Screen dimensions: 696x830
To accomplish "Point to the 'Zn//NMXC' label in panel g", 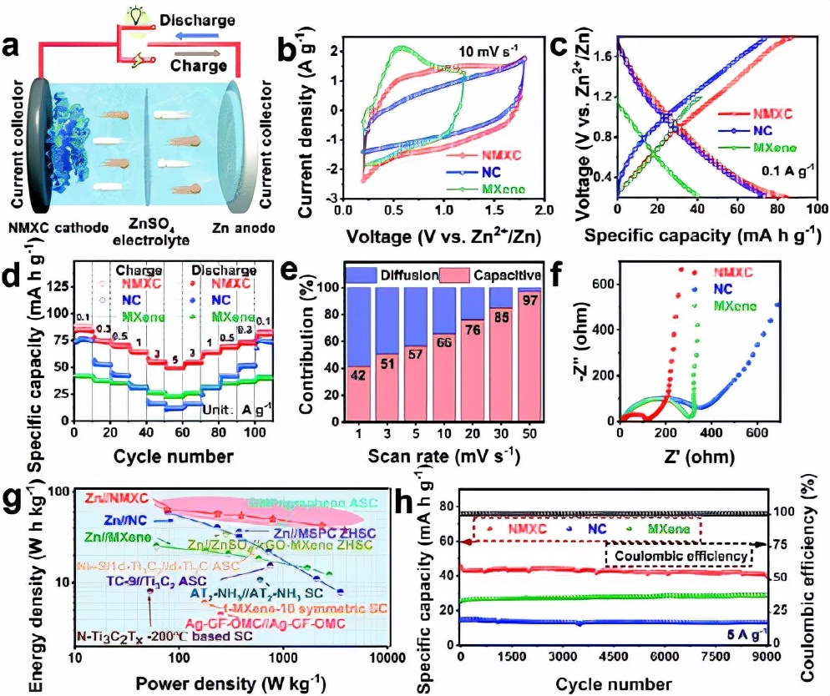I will tap(115, 499).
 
